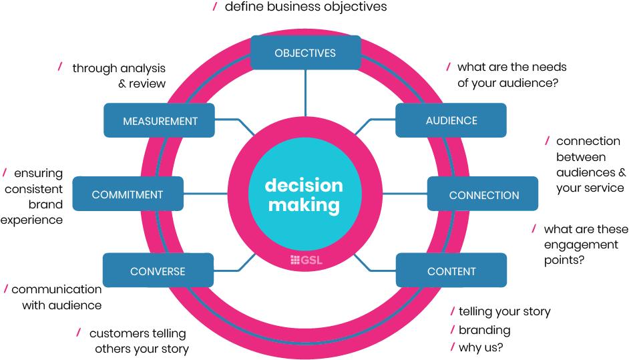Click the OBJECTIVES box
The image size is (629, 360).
305,53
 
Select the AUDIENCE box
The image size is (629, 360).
451,121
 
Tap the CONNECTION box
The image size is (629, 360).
483,195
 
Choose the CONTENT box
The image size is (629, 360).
451,271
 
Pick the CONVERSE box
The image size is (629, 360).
158,271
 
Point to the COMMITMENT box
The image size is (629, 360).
128,195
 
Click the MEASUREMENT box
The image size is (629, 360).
160,121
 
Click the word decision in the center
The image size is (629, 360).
304,185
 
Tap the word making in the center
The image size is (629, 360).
304,205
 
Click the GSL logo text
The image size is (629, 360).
311,260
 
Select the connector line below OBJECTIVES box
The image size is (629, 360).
305,94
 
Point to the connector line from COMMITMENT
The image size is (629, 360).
205,194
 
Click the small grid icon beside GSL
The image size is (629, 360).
295,260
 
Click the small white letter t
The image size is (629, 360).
66,67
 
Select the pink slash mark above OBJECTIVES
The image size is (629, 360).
214,7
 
